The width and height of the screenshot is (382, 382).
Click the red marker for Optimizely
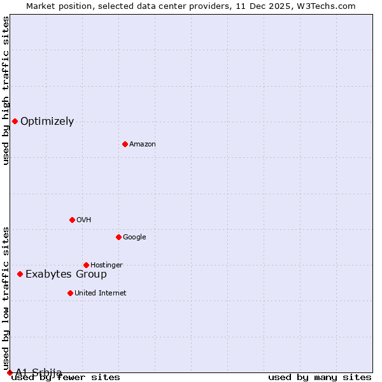click(15, 121)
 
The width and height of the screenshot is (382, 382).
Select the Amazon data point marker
click(125, 144)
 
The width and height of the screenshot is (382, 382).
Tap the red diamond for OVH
click(72, 220)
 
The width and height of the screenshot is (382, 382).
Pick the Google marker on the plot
click(118, 237)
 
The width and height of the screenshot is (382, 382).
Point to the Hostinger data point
click(86, 265)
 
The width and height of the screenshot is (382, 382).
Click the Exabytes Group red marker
click(20, 274)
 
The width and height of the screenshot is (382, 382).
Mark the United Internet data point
click(70, 293)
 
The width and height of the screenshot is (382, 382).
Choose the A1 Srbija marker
click(10, 372)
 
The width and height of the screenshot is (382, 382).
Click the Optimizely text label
click(47, 122)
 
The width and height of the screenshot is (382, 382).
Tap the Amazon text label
click(143, 145)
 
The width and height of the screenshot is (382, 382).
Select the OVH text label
click(84, 220)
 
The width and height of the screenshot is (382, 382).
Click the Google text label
click(134, 237)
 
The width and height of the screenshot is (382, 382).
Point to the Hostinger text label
click(106, 265)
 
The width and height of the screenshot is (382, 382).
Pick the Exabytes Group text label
click(66, 274)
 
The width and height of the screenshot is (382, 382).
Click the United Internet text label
click(101, 294)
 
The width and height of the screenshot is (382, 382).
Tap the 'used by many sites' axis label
click(320, 377)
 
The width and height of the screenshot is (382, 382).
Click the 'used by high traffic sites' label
click(6, 90)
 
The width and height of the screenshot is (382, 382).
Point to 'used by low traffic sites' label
click(6, 298)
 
